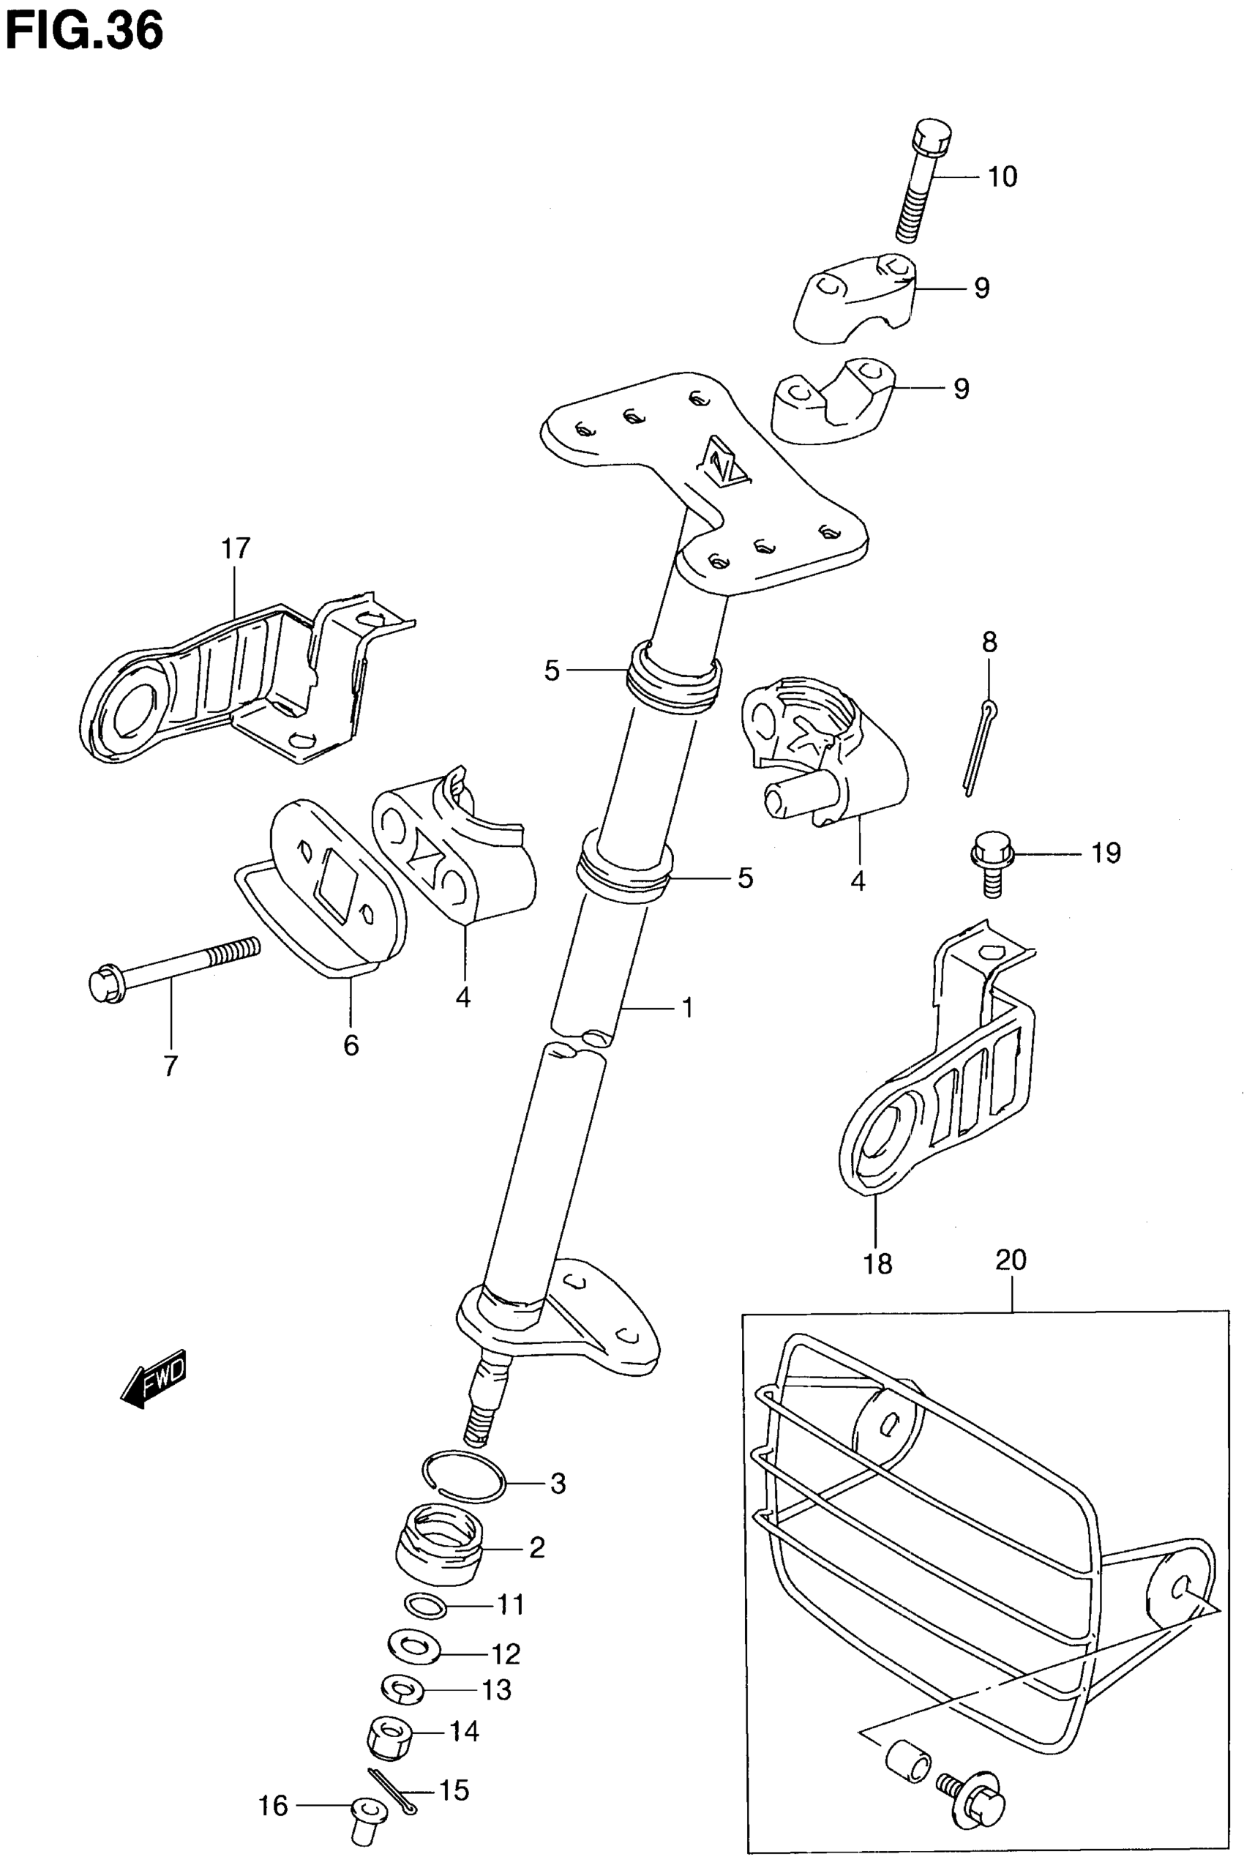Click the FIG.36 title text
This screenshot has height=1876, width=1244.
coord(84,31)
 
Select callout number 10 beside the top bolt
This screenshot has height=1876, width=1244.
coord(1002,177)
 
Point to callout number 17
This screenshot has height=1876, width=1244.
coord(236,548)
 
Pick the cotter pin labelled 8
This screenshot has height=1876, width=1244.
coord(980,746)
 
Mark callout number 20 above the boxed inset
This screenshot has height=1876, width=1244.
coord(1011,1260)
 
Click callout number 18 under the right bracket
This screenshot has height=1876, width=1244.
coord(877,1263)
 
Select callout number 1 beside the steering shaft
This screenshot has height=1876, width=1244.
coord(687,1008)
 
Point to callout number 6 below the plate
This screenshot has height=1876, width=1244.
coord(351,1045)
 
